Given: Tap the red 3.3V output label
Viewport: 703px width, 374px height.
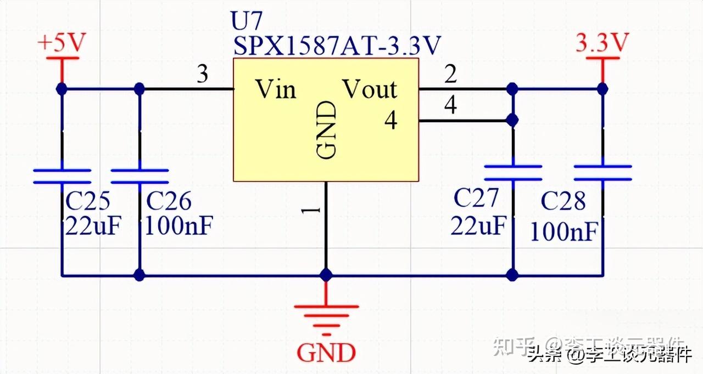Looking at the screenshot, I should [602, 43].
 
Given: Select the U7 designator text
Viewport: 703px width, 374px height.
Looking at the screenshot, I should [248, 22].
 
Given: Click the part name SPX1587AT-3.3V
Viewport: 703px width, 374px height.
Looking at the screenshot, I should [337, 46].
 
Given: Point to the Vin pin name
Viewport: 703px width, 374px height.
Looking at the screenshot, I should [276, 89].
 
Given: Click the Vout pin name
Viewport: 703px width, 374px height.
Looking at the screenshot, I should [370, 89].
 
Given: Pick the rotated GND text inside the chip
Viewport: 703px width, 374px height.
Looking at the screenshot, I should [326, 131].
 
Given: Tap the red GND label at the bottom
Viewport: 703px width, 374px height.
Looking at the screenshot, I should [326, 353].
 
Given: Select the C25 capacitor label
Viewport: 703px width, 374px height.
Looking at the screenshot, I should [88, 202].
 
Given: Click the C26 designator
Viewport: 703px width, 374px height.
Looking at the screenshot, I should [169, 202].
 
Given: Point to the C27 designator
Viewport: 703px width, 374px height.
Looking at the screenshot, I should [476, 199].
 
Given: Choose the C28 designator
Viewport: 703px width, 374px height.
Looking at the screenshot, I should [563, 202].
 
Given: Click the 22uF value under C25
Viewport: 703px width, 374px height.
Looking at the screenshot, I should [92, 226].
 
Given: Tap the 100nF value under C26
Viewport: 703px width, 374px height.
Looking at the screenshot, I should [178, 226].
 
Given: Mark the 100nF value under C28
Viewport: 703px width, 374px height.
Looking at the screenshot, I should [563, 233].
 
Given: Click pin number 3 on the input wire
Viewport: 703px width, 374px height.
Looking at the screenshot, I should [203, 75].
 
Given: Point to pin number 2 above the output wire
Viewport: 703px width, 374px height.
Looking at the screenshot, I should [450, 75].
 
